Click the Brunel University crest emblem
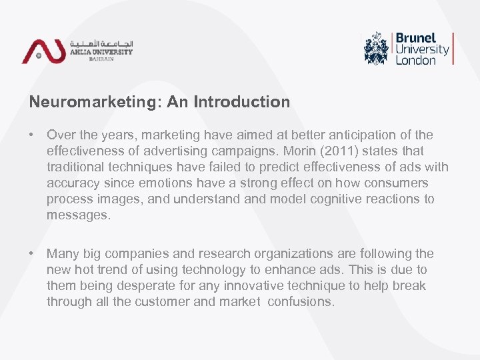point(377,48)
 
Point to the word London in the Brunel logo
point(415,60)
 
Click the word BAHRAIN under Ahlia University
point(101,59)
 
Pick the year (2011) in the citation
point(328,151)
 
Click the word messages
point(75,215)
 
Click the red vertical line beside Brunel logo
point(453,48)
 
